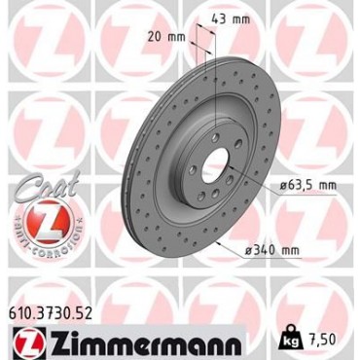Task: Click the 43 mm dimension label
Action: pyautogui.click(x=231, y=19)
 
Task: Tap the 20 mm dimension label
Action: pyautogui.click(x=166, y=37)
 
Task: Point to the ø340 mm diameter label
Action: pyautogui.click(x=272, y=250)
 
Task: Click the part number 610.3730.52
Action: pyautogui.click(x=50, y=314)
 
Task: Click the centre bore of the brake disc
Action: pyautogui.click(x=214, y=166)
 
